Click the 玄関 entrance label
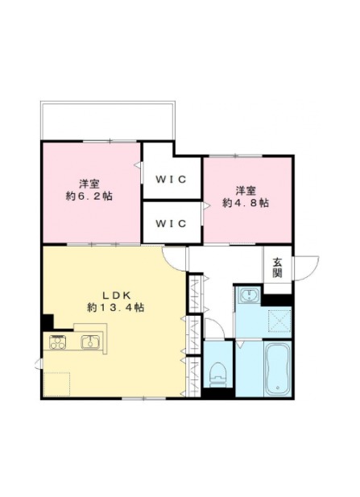277,268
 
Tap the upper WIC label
171,180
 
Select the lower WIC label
171,224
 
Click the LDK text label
116,296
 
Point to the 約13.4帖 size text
116,307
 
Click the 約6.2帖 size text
89,197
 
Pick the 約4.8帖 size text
246,202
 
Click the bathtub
278,368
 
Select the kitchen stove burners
58,342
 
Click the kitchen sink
90,342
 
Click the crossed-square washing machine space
279,320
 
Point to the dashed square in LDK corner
56,384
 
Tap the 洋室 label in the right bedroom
246,191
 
